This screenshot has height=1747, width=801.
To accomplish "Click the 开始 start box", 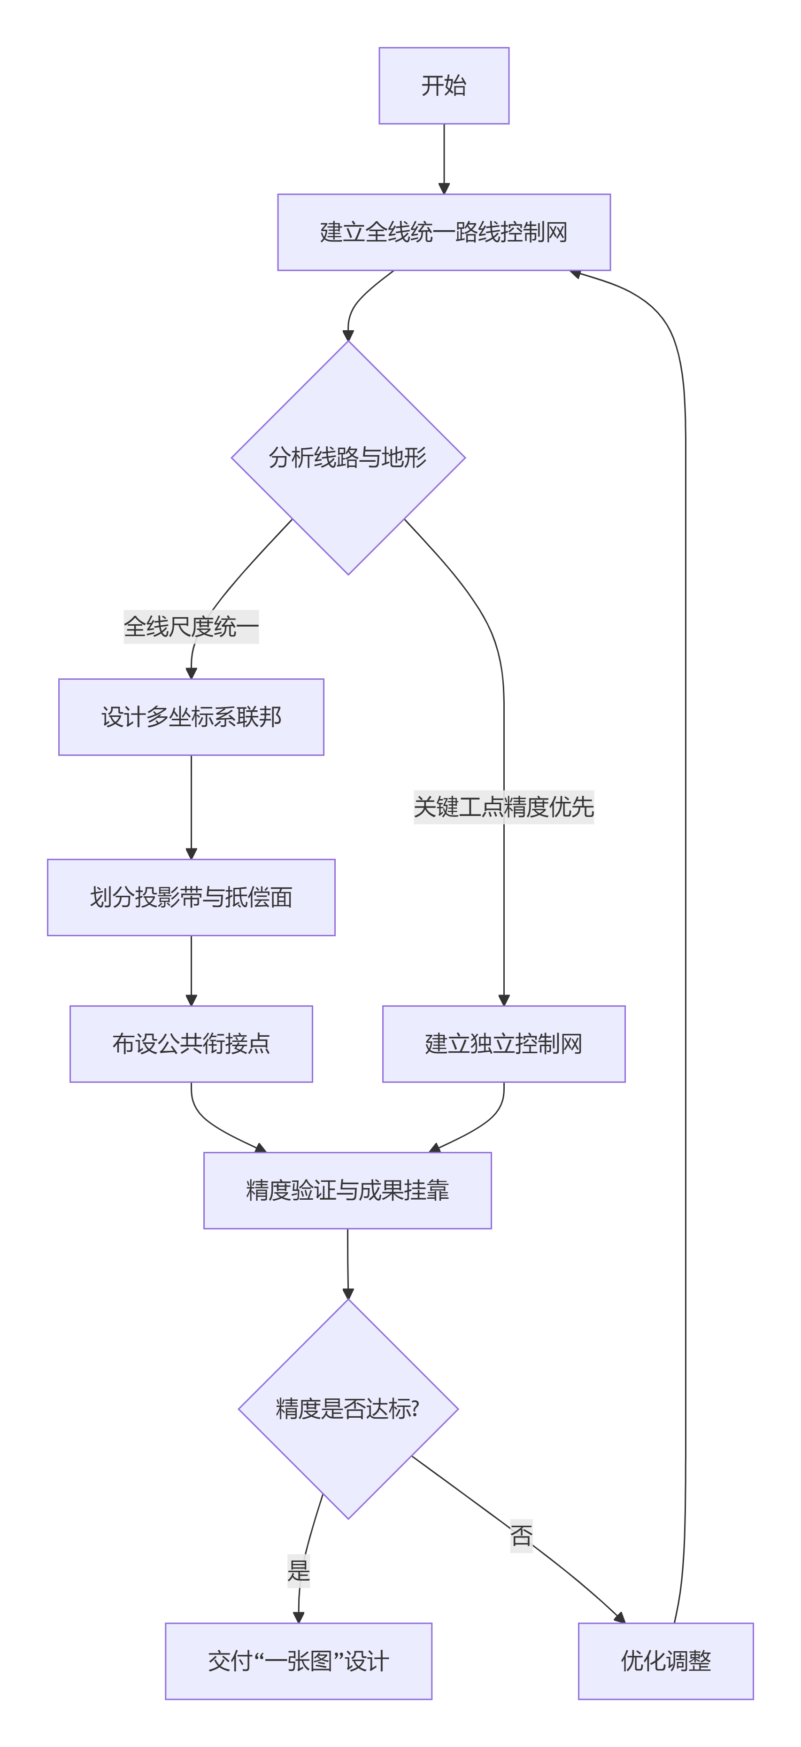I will pos(444,85).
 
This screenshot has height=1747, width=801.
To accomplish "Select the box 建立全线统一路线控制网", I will pos(444,232).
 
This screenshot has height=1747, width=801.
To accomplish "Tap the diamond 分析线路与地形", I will pos(347,458).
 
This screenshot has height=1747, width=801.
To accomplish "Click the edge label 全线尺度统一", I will pos(191,626).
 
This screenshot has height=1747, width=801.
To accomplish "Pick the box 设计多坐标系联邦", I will pos(191,717).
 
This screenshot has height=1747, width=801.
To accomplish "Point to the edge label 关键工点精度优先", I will pos(503,807).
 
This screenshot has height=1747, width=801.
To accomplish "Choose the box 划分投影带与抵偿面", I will pos(191,897).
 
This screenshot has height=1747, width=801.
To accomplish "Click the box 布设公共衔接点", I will pos(191,1044).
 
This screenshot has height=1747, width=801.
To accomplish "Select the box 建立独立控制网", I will pos(503,1044).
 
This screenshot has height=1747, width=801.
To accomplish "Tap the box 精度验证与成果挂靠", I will pos(347,1190).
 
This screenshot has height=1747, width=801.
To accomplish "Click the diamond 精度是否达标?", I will pos(347,1409).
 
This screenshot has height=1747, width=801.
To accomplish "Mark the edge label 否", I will pos(521,1535).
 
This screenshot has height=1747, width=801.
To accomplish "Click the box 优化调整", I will pos(665,1661).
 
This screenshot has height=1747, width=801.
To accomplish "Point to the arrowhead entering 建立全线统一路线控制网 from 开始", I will pos(444,188).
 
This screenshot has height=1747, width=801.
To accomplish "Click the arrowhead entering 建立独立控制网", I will pos(503,1000).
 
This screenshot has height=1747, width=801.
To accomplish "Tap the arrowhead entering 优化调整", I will pos(619,1617).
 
